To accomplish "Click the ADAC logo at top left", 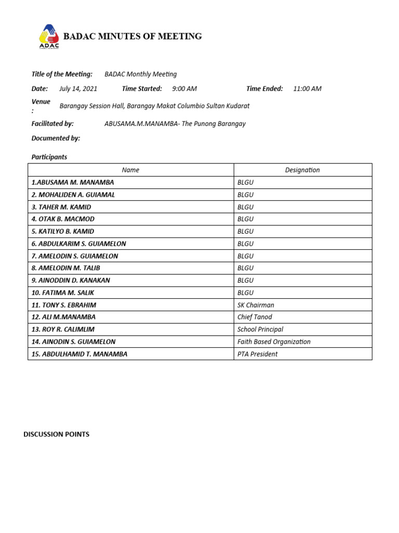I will pyautogui.click(x=49, y=36).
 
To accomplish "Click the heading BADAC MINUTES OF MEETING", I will pyautogui.click(x=132, y=36).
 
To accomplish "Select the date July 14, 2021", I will pyautogui.click(x=78, y=88).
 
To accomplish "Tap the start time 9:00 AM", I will pyautogui.click(x=184, y=88).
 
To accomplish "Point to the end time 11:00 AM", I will pyautogui.click(x=307, y=88).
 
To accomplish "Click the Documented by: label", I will pyautogui.click(x=56, y=138).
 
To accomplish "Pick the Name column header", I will pyautogui.click(x=130, y=170).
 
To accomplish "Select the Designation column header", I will pyautogui.click(x=302, y=170).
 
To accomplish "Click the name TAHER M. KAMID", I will pyautogui.click(x=61, y=207).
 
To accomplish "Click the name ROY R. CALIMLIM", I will pyautogui.click(x=63, y=329).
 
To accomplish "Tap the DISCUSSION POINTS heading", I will pyautogui.click(x=56, y=434).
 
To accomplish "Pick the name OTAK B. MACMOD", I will pyautogui.click(x=63, y=219).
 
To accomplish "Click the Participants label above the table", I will pyautogui.click(x=49, y=157).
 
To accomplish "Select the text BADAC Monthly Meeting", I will pyautogui.click(x=141, y=74).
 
